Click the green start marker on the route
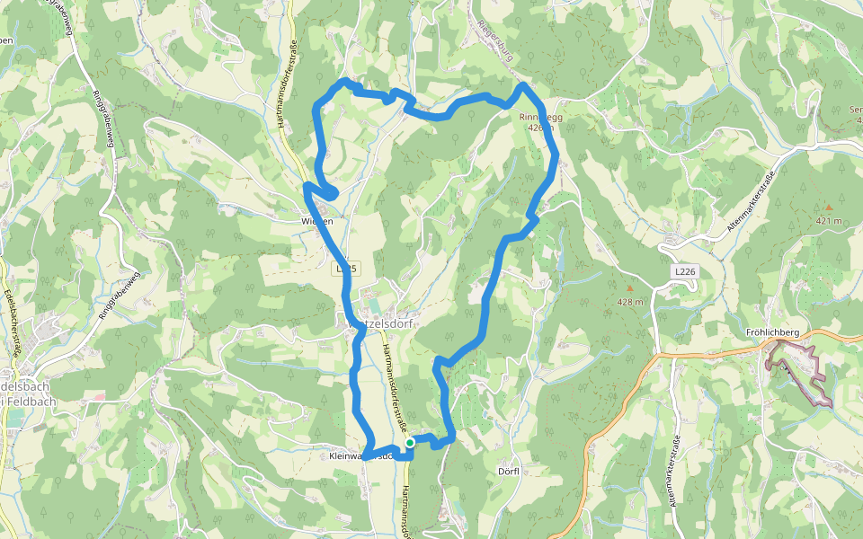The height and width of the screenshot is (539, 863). (x=410, y=442)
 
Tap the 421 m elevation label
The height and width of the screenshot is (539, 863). (x=830, y=220)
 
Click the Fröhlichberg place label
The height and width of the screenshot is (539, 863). (x=772, y=332)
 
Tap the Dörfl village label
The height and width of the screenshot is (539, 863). (x=509, y=471)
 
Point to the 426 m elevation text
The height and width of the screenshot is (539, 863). (x=540, y=128)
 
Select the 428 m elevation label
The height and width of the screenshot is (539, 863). (x=630, y=302)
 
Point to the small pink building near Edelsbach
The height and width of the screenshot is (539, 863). (x=98, y=395)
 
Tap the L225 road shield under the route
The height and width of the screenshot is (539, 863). (x=346, y=269)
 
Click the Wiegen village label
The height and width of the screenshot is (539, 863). (x=317, y=221)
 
